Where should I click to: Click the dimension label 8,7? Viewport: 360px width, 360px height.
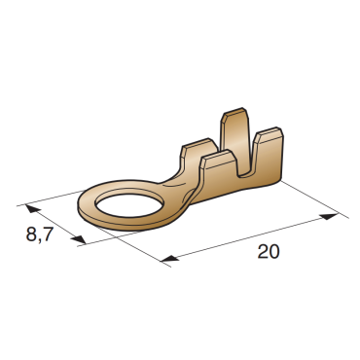tap(39, 234)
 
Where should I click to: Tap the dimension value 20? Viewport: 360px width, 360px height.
tap(269, 252)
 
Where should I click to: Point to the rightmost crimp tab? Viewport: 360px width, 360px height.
tap(268, 156)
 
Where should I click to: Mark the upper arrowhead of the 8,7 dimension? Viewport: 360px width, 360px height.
tap(33, 208)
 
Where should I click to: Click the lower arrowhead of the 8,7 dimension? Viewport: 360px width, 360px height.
tap(78, 239)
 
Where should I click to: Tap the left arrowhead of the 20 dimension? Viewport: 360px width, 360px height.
tap(169, 258)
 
